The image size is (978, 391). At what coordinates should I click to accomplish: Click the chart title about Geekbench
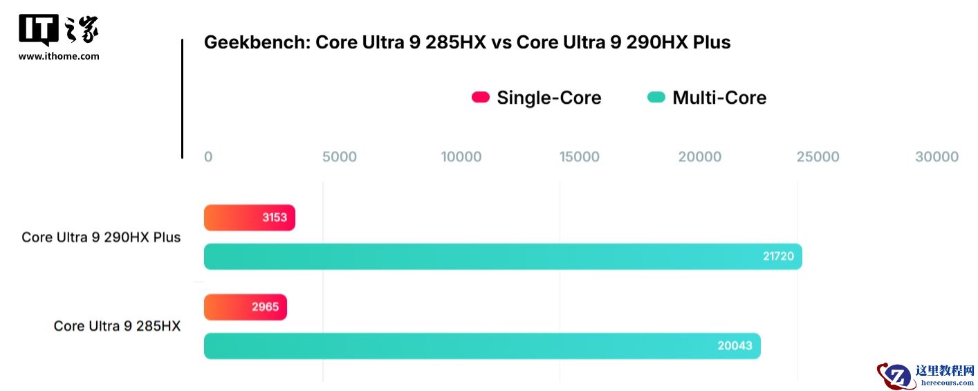coord(467,43)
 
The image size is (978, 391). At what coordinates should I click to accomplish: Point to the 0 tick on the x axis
coord(208,157)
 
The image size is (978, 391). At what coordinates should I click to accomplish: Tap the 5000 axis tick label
coord(340,157)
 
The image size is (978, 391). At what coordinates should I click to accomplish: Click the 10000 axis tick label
coord(461,157)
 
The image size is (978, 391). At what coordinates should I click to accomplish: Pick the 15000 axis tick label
coord(580,157)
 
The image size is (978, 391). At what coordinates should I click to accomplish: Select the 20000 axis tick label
coord(699,157)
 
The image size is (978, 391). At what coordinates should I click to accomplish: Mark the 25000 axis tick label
coord(818,157)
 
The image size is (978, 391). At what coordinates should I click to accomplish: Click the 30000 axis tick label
coord(937,157)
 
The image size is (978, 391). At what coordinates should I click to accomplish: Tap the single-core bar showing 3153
coord(249,217)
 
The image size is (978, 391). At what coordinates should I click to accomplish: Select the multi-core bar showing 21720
coord(502,257)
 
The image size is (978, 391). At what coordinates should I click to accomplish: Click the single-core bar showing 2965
coord(245,307)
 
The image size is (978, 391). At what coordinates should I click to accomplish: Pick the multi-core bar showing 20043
coord(481,346)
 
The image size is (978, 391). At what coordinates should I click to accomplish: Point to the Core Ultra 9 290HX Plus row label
coord(101,237)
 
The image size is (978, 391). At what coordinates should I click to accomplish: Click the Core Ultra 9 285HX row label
coord(117,326)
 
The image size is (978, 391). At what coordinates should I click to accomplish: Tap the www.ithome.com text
coord(59,57)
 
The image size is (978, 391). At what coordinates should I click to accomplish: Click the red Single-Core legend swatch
coord(481,98)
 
